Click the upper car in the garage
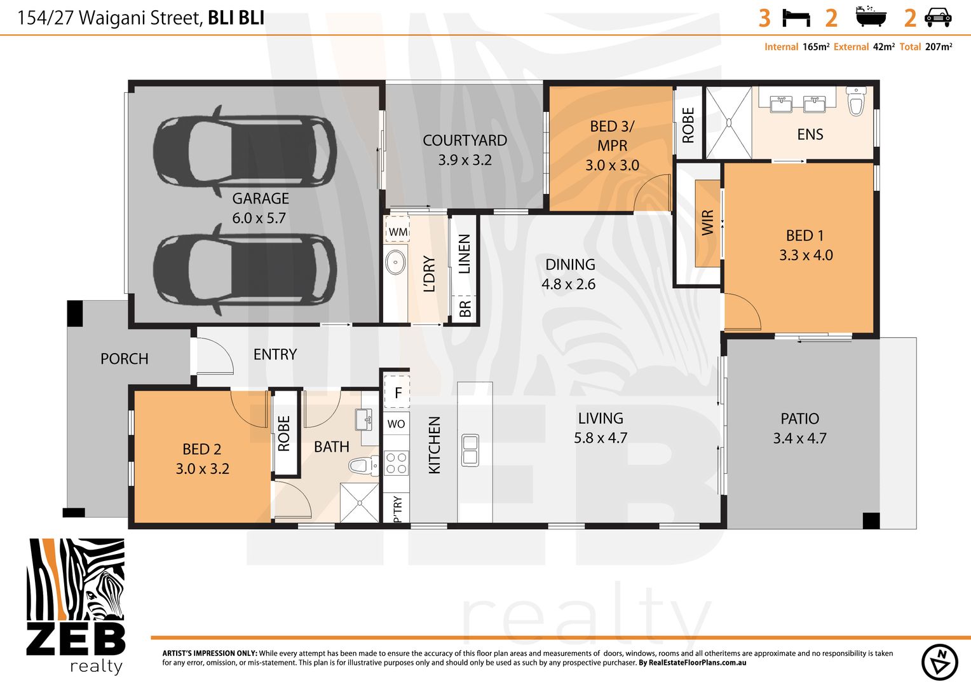tap(245, 151)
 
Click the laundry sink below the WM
tap(395, 262)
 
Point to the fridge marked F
tap(398, 393)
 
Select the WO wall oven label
tap(396, 424)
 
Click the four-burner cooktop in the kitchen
tap(397, 462)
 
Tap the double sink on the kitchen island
tap(470, 450)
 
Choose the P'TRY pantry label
tap(397, 509)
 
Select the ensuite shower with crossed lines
tap(728, 123)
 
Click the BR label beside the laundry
tap(465, 309)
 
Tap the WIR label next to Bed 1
tap(707, 223)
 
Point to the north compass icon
tap(939, 662)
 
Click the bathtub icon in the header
tap(870, 17)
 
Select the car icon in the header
tap(938, 17)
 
